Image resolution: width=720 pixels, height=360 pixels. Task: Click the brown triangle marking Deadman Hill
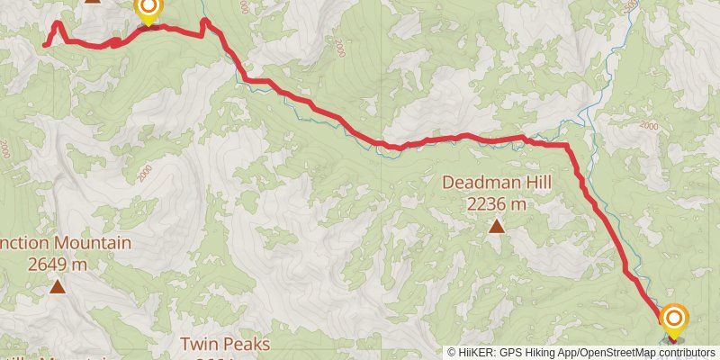click(497, 225)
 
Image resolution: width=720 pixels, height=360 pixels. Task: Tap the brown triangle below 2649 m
click(58, 286)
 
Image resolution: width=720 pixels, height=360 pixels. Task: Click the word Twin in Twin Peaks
click(199, 344)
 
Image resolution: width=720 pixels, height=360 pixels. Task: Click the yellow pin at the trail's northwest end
click(148, 10)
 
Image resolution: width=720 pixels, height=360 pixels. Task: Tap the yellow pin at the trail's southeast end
click(674, 319)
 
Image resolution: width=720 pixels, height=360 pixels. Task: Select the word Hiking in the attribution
click(542, 353)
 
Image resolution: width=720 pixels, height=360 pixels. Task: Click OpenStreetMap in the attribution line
click(617, 353)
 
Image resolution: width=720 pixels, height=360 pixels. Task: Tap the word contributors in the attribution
click(686, 353)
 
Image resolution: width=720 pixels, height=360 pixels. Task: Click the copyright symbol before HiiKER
click(453, 353)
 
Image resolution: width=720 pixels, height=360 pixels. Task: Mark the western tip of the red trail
click(45, 43)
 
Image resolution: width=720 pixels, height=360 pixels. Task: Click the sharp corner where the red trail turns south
click(567, 145)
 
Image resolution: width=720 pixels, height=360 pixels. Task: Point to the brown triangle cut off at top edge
click(92, 1)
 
